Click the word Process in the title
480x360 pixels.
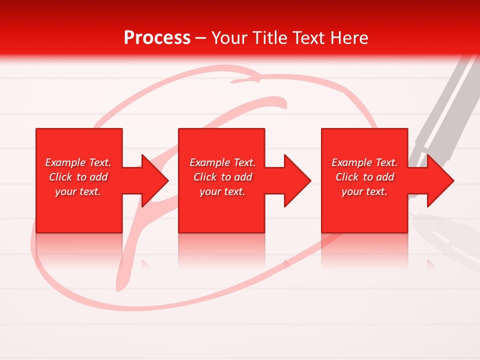157,38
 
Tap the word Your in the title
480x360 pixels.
230,38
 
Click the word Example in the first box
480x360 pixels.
65,162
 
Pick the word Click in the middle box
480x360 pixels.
204,177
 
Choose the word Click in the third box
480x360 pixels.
346,177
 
